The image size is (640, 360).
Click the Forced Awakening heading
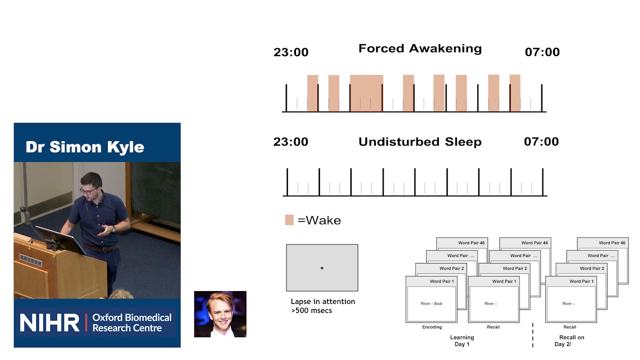click(x=420, y=49)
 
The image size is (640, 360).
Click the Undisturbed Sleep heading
click(x=420, y=142)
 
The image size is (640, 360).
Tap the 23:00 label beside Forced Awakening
click(x=290, y=52)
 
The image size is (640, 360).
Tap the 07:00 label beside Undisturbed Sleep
click(x=541, y=142)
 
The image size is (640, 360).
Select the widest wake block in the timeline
click(x=366, y=93)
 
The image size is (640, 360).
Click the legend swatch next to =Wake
click(x=289, y=220)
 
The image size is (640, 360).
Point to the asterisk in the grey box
click(x=322, y=268)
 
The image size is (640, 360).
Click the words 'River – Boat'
click(x=431, y=303)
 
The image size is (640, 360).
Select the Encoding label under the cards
click(x=431, y=327)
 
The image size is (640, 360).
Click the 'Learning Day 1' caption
click(x=461, y=340)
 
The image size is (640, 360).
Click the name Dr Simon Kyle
click(x=84, y=147)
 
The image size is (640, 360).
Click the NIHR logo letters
click(x=49, y=323)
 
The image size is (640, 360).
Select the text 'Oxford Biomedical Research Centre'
click(x=131, y=323)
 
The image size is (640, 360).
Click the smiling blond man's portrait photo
click(x=220, y=314)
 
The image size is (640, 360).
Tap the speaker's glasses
click(x=88, y=191)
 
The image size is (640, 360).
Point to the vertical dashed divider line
click(x=532, y=335)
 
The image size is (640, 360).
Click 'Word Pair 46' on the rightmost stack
click(x=611, y=243)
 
